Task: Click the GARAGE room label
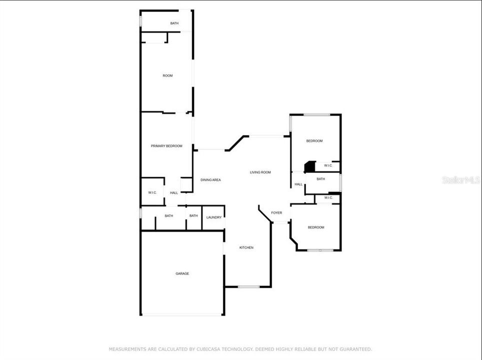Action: click(182, 273)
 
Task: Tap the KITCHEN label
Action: click(246, 247)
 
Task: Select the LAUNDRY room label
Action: click(214, 217)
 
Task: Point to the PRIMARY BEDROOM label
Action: click(166, 146)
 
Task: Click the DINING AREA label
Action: click(210, 180)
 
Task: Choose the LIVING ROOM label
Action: click(260, 172)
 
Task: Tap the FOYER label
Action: click(276, 213)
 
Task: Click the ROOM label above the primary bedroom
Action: click(167, 75)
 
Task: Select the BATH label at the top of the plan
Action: click(174, 23)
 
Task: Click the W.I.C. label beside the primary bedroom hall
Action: click(152, 192)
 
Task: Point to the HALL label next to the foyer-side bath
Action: click(298, 184)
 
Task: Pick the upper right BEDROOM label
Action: click(314, 141)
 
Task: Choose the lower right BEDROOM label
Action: click(316, 227)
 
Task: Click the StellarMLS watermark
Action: click(460, 179)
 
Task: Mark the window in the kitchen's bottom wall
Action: click(248, 286)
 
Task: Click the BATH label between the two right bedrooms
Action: click(320, 179)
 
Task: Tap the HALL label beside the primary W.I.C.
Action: click(174, 192)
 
